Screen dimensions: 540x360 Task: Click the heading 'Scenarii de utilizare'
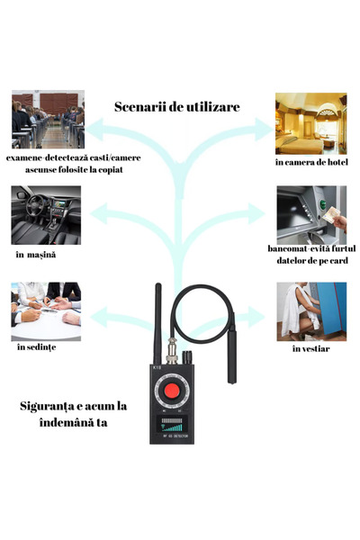176,106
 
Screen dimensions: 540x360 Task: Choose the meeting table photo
47,305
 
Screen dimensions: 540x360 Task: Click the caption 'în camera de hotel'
310,162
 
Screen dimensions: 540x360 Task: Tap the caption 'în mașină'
36,255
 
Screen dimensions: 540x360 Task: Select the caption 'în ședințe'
36,346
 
